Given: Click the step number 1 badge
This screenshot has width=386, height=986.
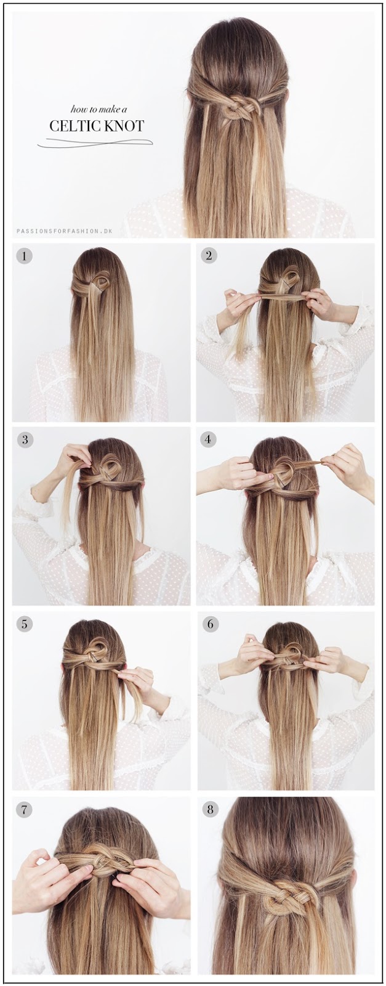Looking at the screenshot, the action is (25, 256).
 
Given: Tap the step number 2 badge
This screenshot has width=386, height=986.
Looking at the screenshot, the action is (209, 255).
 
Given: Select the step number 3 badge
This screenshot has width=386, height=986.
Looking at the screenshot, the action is (25, 439).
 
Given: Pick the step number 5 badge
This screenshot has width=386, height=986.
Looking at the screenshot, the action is (25, 623).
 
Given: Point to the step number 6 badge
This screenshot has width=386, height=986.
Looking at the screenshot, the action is (210, 623).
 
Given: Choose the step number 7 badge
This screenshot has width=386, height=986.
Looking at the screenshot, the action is (25, 809).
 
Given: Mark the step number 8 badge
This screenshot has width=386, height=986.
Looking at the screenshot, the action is (210, 809).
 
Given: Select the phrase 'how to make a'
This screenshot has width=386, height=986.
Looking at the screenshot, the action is (99, 108).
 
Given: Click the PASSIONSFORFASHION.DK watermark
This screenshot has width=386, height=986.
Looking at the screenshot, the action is (64, 230).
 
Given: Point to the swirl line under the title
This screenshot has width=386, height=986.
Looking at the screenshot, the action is (95, 142).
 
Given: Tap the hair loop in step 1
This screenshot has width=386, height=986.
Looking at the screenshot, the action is (102, 282).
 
